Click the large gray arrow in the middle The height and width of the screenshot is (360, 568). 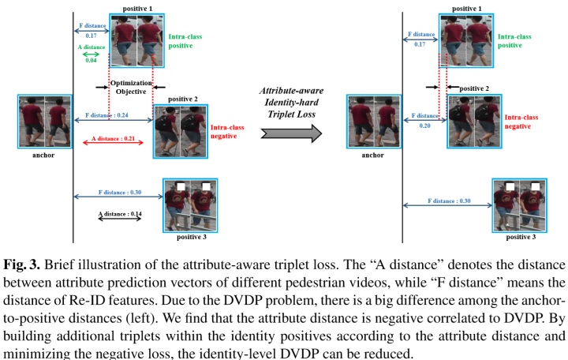point(291,131)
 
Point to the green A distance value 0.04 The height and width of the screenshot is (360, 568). point(92,60)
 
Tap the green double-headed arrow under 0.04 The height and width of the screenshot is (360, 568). point(92,54)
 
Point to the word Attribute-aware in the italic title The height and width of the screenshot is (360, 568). point(291,92)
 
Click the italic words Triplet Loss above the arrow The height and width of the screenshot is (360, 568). point(291,114)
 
